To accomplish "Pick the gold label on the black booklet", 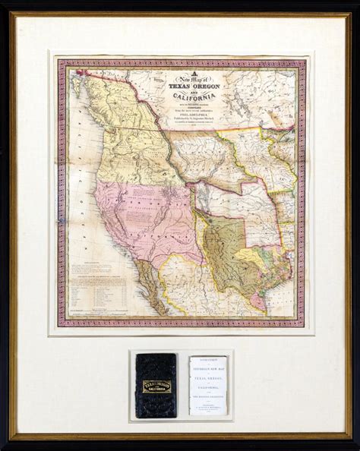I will (x=154, y=367).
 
